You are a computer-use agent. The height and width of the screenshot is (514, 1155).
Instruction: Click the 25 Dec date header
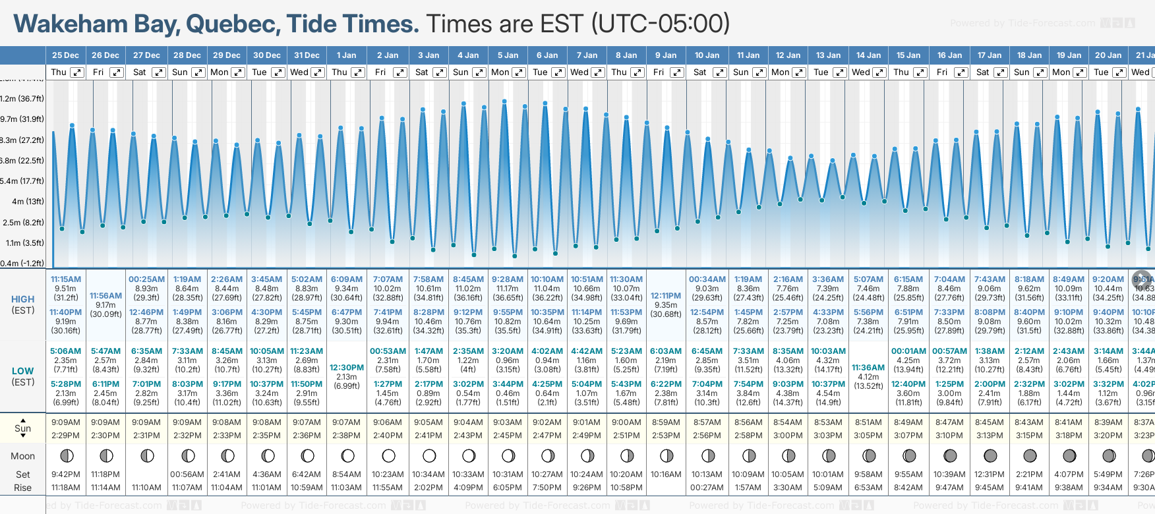[x=65, y=55]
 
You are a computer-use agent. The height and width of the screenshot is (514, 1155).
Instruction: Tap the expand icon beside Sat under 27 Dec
[x=158, y=72]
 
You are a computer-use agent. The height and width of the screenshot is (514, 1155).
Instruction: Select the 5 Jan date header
[x=508, y=55]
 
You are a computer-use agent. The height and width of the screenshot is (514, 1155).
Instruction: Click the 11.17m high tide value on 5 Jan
[x=508, y=289]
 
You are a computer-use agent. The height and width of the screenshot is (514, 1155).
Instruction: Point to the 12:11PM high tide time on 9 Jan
[x=666, y=296]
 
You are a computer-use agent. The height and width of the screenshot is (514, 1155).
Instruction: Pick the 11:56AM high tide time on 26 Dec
[x=105, y=296]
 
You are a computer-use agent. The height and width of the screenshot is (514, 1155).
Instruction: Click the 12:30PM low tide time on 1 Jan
[x=347, y=368]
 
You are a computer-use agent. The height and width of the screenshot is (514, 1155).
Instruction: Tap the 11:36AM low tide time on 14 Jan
[x=868, y=368]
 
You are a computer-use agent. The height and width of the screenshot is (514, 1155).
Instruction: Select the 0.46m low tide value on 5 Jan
[x=508, y=393]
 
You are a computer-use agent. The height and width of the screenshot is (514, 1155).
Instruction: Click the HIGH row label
[x=23, y=299]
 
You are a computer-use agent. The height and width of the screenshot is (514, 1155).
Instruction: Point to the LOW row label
[x=23, y=371]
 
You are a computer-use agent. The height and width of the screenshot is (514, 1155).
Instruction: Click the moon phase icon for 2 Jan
[x=388, y=455]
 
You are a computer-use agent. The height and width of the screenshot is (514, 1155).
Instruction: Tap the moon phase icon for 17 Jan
[x=990, y=455]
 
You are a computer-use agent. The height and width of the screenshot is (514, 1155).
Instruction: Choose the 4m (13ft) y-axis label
[x=28, y=202]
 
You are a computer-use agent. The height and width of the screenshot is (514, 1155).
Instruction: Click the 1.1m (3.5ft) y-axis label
[x=25, y=243]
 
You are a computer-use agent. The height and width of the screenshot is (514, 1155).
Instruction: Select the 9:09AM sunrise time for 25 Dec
[x=65, y=422]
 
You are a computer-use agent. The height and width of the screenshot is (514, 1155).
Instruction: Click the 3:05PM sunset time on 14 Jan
[x=868, y=436]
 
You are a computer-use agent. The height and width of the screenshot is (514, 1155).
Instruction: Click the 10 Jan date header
[x=707, y=55]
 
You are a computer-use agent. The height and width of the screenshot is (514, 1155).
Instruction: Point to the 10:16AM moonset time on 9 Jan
[x=666, y=474]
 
